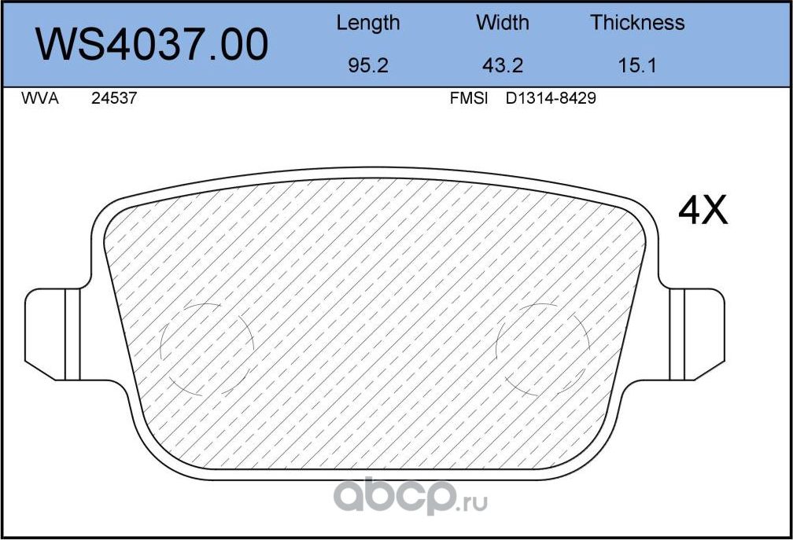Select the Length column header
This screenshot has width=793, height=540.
367,23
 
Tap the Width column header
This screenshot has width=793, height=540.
503,23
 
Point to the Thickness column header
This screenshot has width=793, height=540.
637,23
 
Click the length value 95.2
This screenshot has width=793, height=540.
367,65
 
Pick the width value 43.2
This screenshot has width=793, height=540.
503,65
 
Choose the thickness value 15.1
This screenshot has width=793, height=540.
637,65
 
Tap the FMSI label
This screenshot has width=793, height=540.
469,99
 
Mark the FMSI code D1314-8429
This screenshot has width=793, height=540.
551,99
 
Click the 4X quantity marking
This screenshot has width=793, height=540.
703,210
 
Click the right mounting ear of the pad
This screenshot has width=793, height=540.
699,333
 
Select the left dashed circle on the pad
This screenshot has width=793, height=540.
207,348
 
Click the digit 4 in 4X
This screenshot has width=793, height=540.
690,210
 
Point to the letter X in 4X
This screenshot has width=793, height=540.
715,210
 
